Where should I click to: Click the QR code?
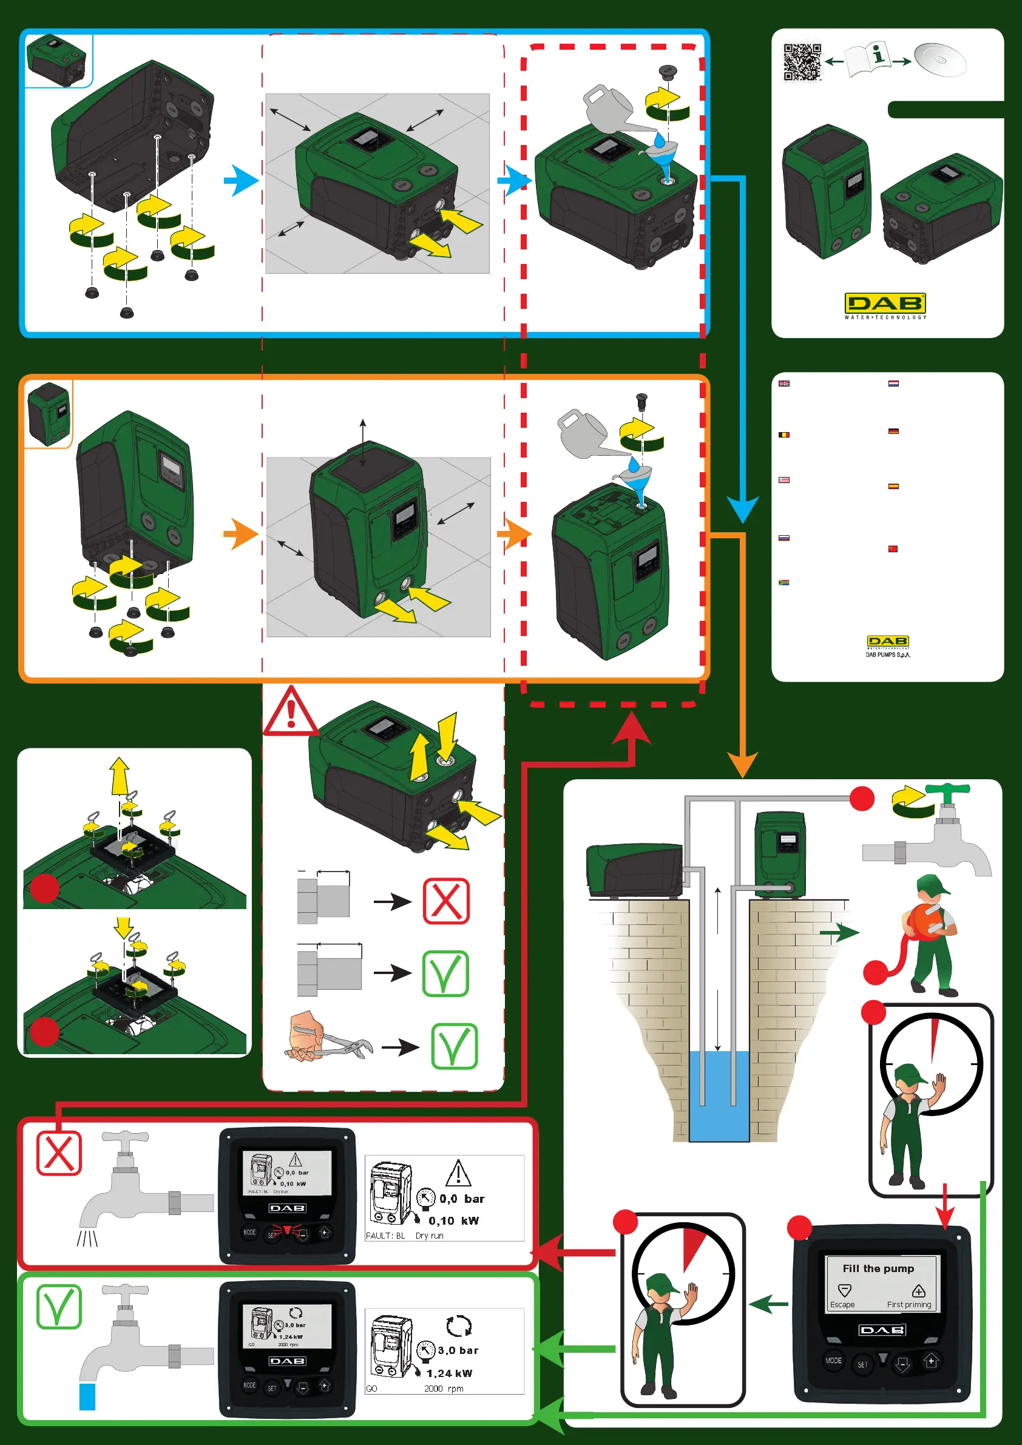802,62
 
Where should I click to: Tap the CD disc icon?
939,60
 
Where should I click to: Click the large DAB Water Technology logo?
885,305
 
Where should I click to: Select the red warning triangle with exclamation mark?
289,712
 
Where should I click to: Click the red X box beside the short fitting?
446,901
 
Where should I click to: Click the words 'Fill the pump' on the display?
878,1268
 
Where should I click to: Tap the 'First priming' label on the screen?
909,1305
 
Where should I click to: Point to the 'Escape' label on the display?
842,1305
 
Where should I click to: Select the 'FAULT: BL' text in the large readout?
385,1236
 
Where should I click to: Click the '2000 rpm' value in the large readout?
444,1389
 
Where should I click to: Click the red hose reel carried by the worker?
926,921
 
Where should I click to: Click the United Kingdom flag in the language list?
784,384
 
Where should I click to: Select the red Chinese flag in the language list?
892,549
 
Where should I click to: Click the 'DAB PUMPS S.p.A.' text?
887,655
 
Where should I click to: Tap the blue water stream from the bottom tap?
87,1396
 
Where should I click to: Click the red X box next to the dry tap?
58,1154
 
